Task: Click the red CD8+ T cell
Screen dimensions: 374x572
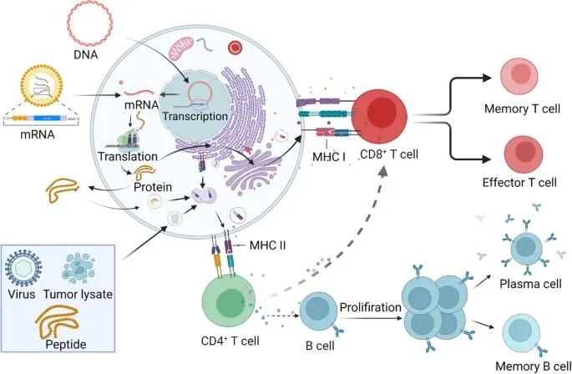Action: click(x=385, y=119)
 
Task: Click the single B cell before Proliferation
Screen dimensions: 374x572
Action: click(x=321, y=313)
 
